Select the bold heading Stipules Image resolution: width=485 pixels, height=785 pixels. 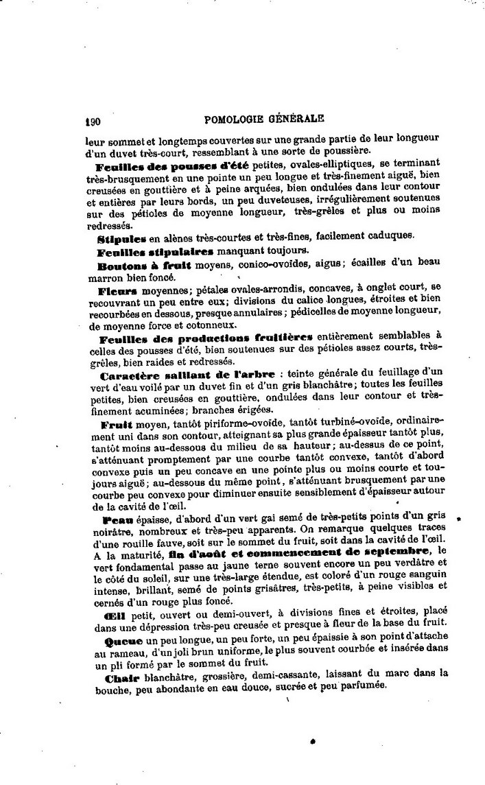(x=122, y=237)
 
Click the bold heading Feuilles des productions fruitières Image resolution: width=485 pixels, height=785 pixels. (x=206, y=338)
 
